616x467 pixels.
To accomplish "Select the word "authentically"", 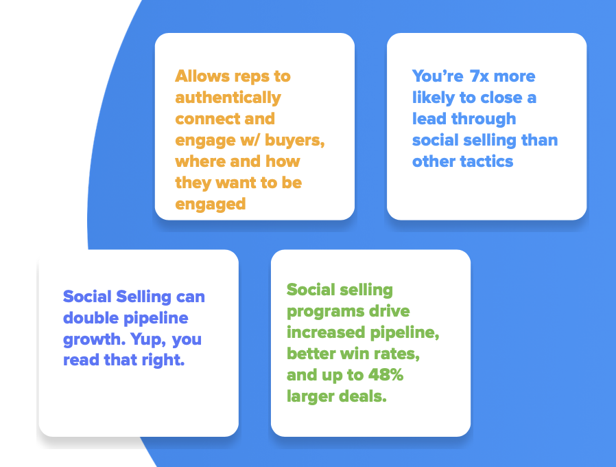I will pos(228,98).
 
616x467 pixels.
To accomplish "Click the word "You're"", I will pos(438,76).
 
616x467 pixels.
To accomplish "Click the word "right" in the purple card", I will pos(164,361).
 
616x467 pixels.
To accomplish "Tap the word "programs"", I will pos(321,311).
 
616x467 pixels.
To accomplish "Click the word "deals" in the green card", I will pos(361,397).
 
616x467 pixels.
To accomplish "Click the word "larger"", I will pos(309,397).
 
